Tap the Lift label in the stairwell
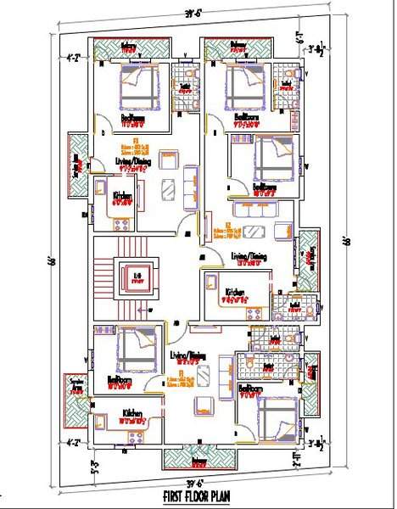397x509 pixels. pyautogui.click(x=137, y=276)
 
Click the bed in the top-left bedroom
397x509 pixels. pyautogui.click(x=137, y=87)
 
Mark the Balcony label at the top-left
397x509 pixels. pyautogui.click(x=128, y=46)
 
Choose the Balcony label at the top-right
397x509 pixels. pyautogui.click(x=238, y=46)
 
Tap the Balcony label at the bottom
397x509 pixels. pyautogui.click(x=199, y=461)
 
